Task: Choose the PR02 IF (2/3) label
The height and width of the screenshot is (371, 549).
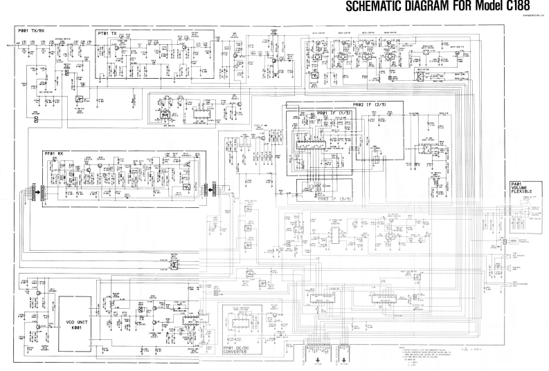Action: [367, 104]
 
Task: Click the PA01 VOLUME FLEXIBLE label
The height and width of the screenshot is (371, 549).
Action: [520, 189]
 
